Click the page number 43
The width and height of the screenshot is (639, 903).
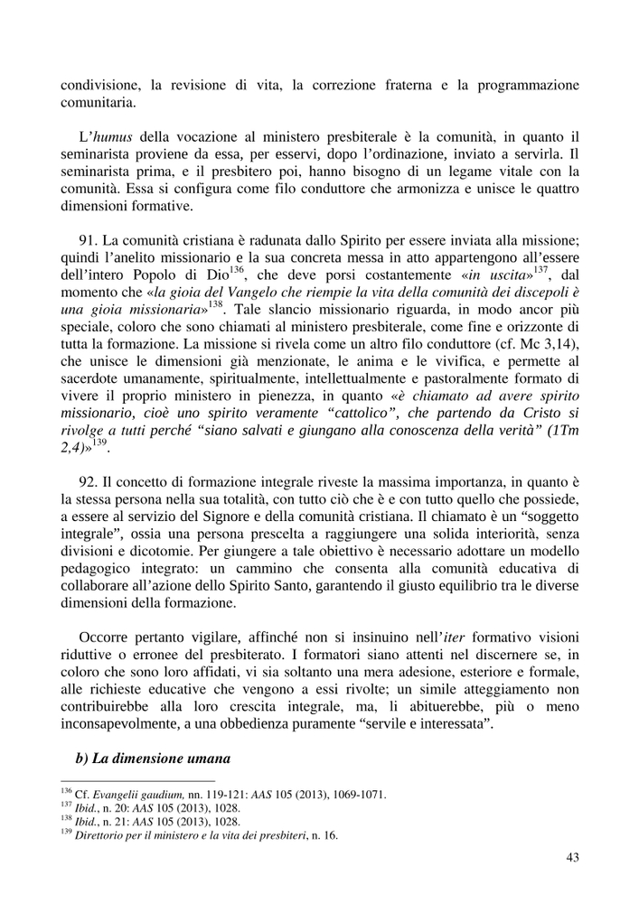tap(572, 858)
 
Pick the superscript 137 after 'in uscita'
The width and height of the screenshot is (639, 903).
tap(540, 270)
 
